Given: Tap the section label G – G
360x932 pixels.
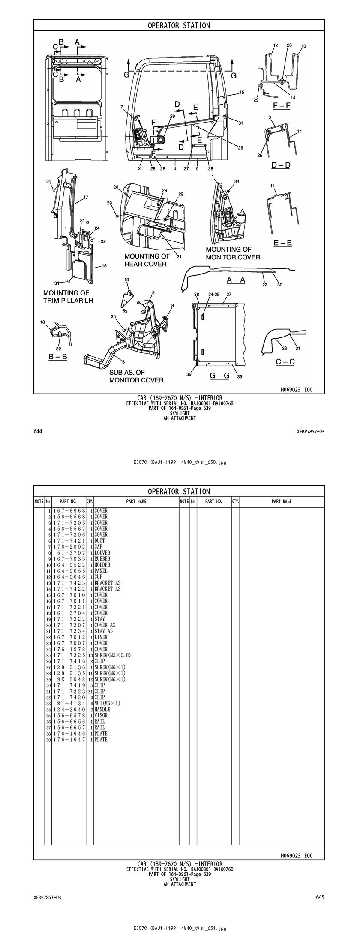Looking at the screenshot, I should pyautogui.click(x=219, y=376).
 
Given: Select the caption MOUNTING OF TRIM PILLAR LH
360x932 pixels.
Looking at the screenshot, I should pyautogui.click(x=68, y=297).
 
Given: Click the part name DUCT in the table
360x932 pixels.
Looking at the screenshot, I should pyautogui.click(x=99, y=541).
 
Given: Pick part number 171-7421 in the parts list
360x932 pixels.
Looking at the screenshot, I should pyautogui.click(x=69, y=541).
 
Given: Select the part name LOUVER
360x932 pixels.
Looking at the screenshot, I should pyautogui.click(x=102, y=553).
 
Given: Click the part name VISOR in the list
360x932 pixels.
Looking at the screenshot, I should pyautogui.click(x=101, y=716).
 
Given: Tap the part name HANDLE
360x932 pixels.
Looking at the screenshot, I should pyautogui.click(x=102, y=710).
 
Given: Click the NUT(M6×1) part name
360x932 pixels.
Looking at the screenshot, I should pyautogui.click(x=107, y=704).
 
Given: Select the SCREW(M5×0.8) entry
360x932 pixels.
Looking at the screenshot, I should pyautogui.click(x=112, y=655).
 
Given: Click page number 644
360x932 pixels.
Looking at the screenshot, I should pyautogui.click(x=38, y=431).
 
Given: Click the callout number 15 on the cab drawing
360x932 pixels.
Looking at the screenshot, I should pyautogui.click(x=242, y=92).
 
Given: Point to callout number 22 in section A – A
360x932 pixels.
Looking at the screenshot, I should pyautogui.click(x=264, y=284).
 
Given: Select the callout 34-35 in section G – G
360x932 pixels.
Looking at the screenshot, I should pyautogui.click(x=213, y=295).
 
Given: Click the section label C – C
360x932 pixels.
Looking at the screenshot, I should pyautogui.click(x=285, y=361).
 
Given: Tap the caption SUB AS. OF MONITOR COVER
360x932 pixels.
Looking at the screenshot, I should pyautogui.click(x=136, y=376).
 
